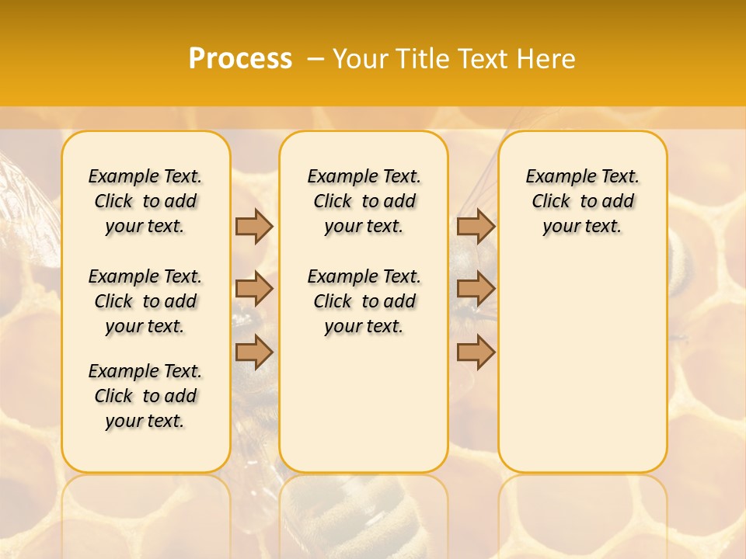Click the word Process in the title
[240, 58]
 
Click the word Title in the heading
[423, 59]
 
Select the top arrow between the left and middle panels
[253, 226]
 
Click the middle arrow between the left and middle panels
[253, 289]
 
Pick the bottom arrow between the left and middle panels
[253, 352]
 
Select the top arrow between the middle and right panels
[475, 226]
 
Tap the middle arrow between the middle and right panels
[475, 289]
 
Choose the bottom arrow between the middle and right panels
[475, 352]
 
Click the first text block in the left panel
[145, 201]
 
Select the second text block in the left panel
[145, 301]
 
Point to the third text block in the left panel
[145, 396]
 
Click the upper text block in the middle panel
[364, 201]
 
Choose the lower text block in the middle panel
[364, 301]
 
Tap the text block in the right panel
[582, 201]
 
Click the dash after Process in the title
[316, 59]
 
